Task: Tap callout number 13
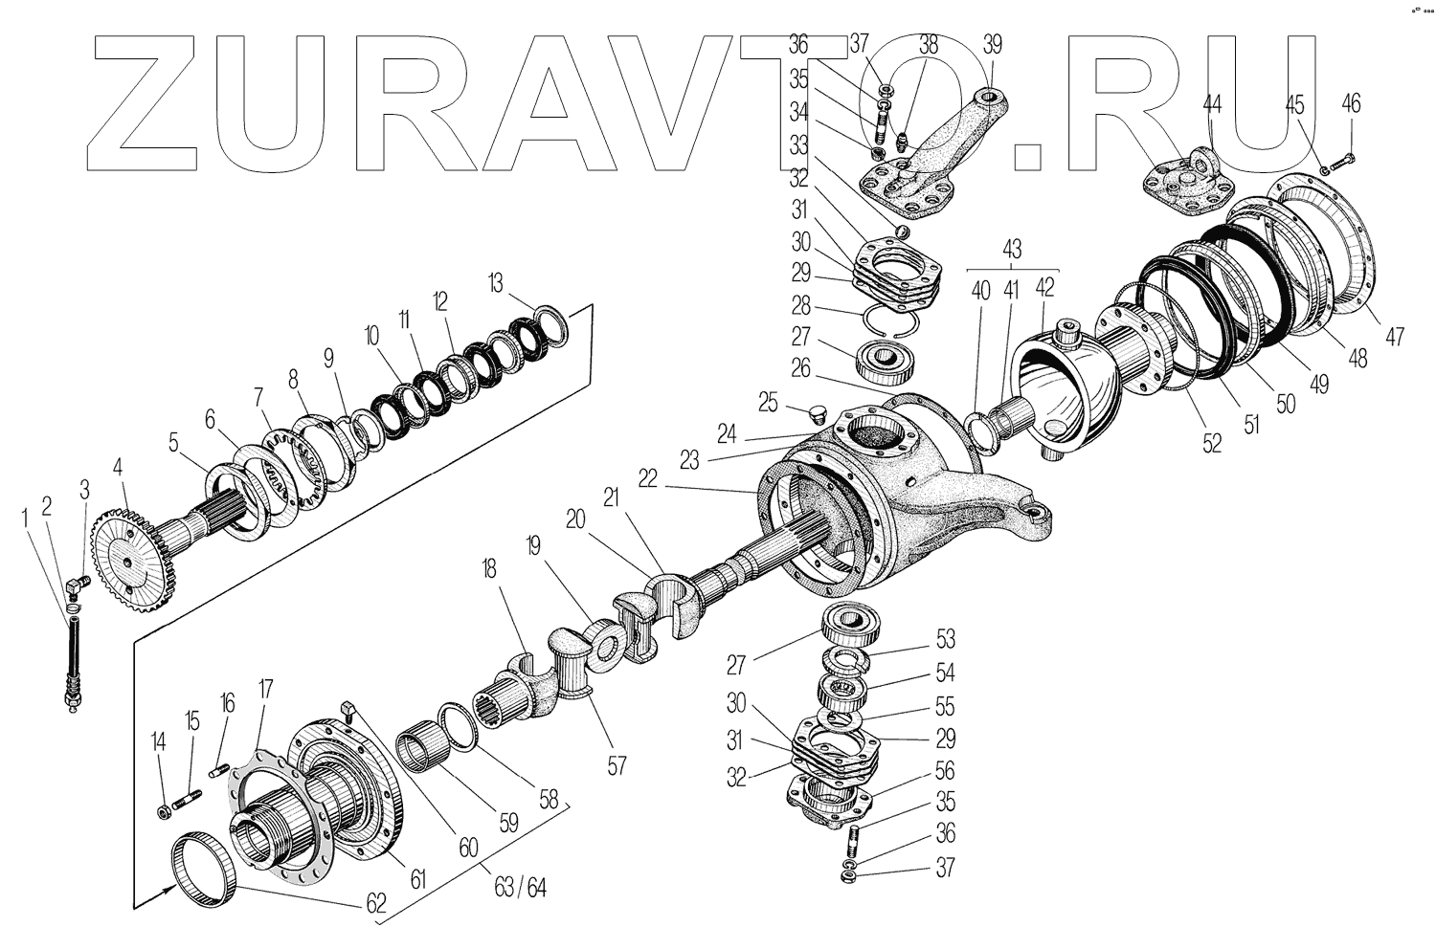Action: click(x=494, y=283)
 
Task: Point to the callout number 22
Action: click(x=648, y=479)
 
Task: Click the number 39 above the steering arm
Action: click(x=992, y=45)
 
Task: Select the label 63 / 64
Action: click(x=522, y=887)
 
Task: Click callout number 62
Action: click(x=374, y=902)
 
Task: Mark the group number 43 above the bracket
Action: click(x=1012, y=250)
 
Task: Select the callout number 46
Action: click(x=1351, y=103)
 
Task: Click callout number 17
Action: click(x=265, y=689)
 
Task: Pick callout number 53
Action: click(x=945, y=638)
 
